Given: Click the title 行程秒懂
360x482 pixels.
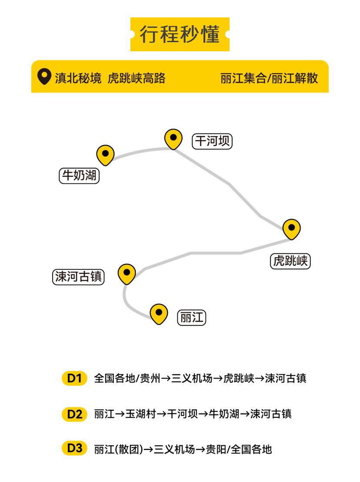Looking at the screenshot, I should point(180,34).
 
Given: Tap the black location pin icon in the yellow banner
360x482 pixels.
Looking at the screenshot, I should point(44,76).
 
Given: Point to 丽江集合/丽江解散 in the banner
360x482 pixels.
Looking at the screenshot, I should point(269,78).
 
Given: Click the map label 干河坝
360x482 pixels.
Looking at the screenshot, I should point(212,141).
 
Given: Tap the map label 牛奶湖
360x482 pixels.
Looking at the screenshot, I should point(79,176).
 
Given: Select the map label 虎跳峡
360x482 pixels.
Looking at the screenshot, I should point(290,261).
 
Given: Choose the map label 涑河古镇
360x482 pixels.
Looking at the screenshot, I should point(78,277).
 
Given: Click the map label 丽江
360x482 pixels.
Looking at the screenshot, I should point(191,317).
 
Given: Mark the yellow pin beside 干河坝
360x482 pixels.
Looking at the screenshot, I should point(173,139).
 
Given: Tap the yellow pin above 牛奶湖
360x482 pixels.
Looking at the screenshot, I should point(105,154).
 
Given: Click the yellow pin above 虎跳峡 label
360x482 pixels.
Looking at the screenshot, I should point(291,229).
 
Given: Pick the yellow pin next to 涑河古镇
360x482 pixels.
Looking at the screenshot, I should point(127,274).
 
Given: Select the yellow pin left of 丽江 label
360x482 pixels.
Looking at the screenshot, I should point(159,313).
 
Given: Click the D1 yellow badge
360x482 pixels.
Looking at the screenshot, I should point(74,378).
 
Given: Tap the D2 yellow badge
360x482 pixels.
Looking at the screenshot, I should point(74,414).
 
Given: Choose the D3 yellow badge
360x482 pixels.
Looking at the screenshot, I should point(74,449).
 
